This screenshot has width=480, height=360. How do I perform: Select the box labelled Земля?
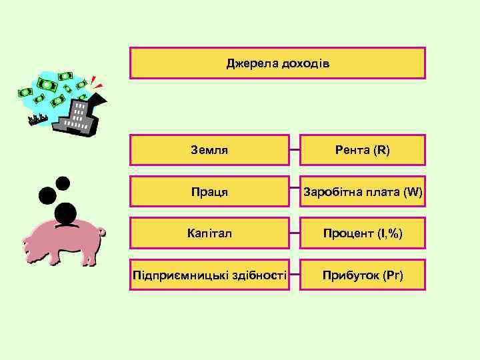pyautogui.click(x=209, y=150)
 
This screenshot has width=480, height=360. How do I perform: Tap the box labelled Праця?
pyautogui.click(x=209, y=192)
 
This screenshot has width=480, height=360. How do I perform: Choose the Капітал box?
pyautogui.click(x=209, y=234)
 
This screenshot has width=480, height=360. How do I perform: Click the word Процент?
pyautogui.click(x=347, y=234)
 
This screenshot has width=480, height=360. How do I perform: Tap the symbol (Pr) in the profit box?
pyautogui.click(x=393, y=275)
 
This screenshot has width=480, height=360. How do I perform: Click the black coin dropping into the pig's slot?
pyautogui.click(x=65, y=214)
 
